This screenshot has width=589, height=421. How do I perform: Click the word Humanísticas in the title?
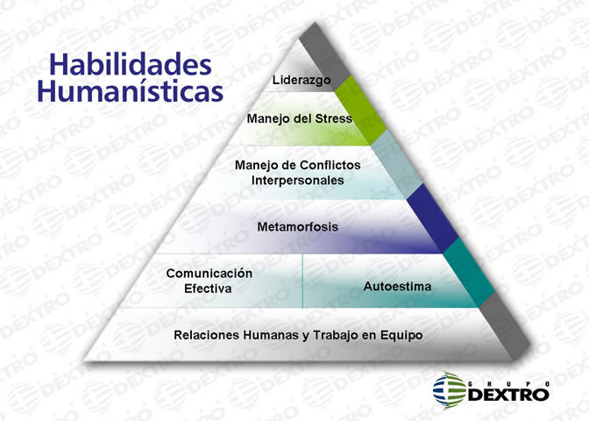pos(137,90)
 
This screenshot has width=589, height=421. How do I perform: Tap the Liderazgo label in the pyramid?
pos(302,80)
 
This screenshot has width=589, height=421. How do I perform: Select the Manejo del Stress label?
pos(300,118)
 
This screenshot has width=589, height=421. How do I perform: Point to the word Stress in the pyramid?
pos(333,118)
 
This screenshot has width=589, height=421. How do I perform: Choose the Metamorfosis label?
pos(298,227)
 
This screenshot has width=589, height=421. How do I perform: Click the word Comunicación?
pos(209,273)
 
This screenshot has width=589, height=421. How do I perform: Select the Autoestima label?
pos(397,286)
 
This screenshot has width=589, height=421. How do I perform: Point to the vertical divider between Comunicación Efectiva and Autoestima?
pos(302,281)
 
